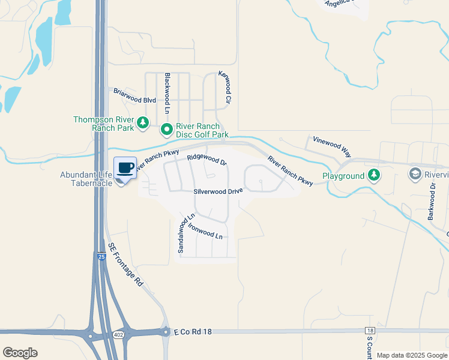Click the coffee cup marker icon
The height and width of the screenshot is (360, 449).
tap(125, 168)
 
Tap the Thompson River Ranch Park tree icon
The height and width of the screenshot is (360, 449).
tap(143, 123)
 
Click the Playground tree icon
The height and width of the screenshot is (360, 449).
tap(375, 175)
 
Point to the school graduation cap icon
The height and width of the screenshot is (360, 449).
tap(415, 175)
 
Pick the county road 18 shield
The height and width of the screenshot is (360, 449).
tap(370, 331)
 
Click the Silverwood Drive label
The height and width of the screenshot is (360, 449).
tap(218, 191)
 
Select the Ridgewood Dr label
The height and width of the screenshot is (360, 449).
tap(207, 159)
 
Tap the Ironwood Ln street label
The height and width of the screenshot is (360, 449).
tap(205, 231)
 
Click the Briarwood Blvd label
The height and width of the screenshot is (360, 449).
tap(135, 96)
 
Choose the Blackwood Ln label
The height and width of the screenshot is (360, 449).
tap(167, 94)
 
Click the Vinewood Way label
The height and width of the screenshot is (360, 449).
tap(328, 145)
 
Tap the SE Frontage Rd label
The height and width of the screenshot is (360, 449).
tap(125, 264)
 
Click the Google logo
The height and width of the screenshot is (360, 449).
tap(20, 353)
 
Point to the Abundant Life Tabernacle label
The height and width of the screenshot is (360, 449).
tap(86, 179)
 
